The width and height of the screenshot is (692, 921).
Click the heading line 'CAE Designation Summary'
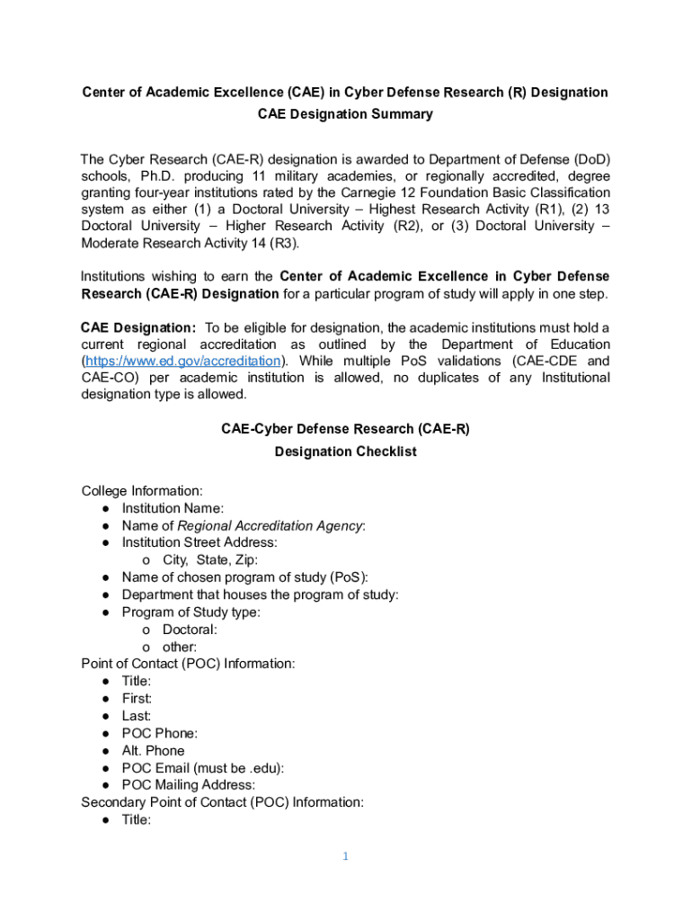tap(345, 114)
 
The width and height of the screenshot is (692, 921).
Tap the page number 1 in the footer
tap(344, 856)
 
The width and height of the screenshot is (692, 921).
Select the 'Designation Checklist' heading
tap(345, 452)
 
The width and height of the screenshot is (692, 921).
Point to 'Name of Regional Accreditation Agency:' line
tap(244, 525)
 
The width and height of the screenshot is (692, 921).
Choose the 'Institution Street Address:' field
tap(200, 542)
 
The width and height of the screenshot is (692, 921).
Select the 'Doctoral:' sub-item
tap(190, 630)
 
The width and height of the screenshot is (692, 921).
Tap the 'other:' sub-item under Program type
tap(180, 647)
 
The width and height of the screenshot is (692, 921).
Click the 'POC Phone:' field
tap(160, 733)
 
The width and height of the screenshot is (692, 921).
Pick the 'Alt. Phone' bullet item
tap(154, 750)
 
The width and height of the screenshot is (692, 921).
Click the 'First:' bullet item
tap(138, 699)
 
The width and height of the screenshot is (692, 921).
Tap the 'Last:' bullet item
tap(138, 716)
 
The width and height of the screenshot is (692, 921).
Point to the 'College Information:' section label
tap(142, 491)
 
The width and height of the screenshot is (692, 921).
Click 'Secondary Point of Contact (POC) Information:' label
tap(222, 802)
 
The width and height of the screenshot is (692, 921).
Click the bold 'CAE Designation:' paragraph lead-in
tap(138, 326)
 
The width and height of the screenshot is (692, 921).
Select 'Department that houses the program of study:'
tap(261, 595)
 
